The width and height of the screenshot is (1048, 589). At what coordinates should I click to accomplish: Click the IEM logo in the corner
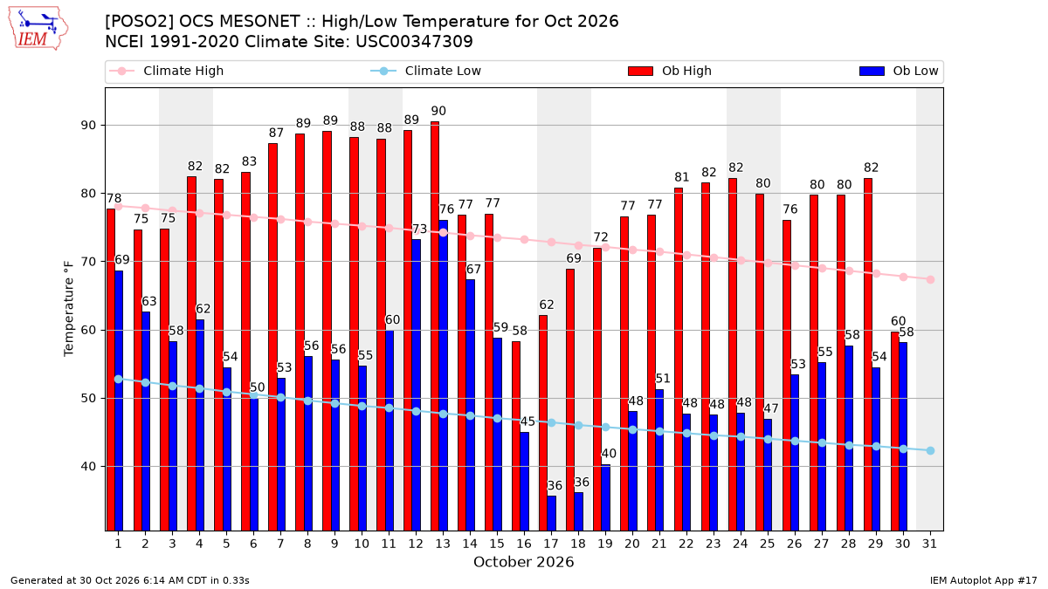pyautogui.click(x=38, y=29)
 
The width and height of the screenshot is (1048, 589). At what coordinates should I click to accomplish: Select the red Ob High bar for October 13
pyautogui.click(x=435, y=325)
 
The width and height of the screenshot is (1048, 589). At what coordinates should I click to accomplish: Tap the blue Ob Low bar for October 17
pyautogui.click(x=552, y=513)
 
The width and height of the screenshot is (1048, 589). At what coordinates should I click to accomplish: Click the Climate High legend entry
pyautogui.click(x=166, y=71)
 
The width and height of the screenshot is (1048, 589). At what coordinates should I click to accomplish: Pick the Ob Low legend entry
pyautogui.click(x=899, y=71)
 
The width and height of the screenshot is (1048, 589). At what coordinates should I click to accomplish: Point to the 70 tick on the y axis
pyautogui.click(x=87, y=262)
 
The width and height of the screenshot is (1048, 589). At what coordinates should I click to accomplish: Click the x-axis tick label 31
pyautogui.click(x=929, y=544)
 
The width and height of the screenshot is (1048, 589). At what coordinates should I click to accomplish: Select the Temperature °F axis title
pyautogui.click(x=69, y=309)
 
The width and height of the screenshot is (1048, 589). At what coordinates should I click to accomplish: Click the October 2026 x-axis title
pyautogui.click(x=523, y=562)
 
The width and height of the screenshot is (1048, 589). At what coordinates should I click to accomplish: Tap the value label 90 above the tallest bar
pyautogui.click(x=438, y=112)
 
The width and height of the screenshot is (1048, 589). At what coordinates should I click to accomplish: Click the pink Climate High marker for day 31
pyautogui.click(x=930, y=279)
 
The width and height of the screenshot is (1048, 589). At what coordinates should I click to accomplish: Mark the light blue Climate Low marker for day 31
pyautogui.click(x=930, y=450)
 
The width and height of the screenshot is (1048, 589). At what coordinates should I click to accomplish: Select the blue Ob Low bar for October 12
pyautogui.click(x=417, y=385)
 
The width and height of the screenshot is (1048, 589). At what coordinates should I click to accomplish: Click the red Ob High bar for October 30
pyautogui.click(x=895, y=431)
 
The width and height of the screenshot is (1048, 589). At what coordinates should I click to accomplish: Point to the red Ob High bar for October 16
pyautogui.click(x=516, y=436)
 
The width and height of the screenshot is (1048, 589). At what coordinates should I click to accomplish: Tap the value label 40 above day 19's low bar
pyautogui.click(x=609, y=454)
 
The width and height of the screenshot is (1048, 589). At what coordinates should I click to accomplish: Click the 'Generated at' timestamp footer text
pyautogui.click(x=129, y=580)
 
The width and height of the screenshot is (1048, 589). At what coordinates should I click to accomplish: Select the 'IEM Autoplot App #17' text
pyautogui.click(x=983, y=580)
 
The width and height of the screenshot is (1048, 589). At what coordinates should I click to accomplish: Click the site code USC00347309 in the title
pyautogui.click(x=414, y=42)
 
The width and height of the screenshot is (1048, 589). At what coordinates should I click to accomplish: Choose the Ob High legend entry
pyautogui.click(x=670, y=71)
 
